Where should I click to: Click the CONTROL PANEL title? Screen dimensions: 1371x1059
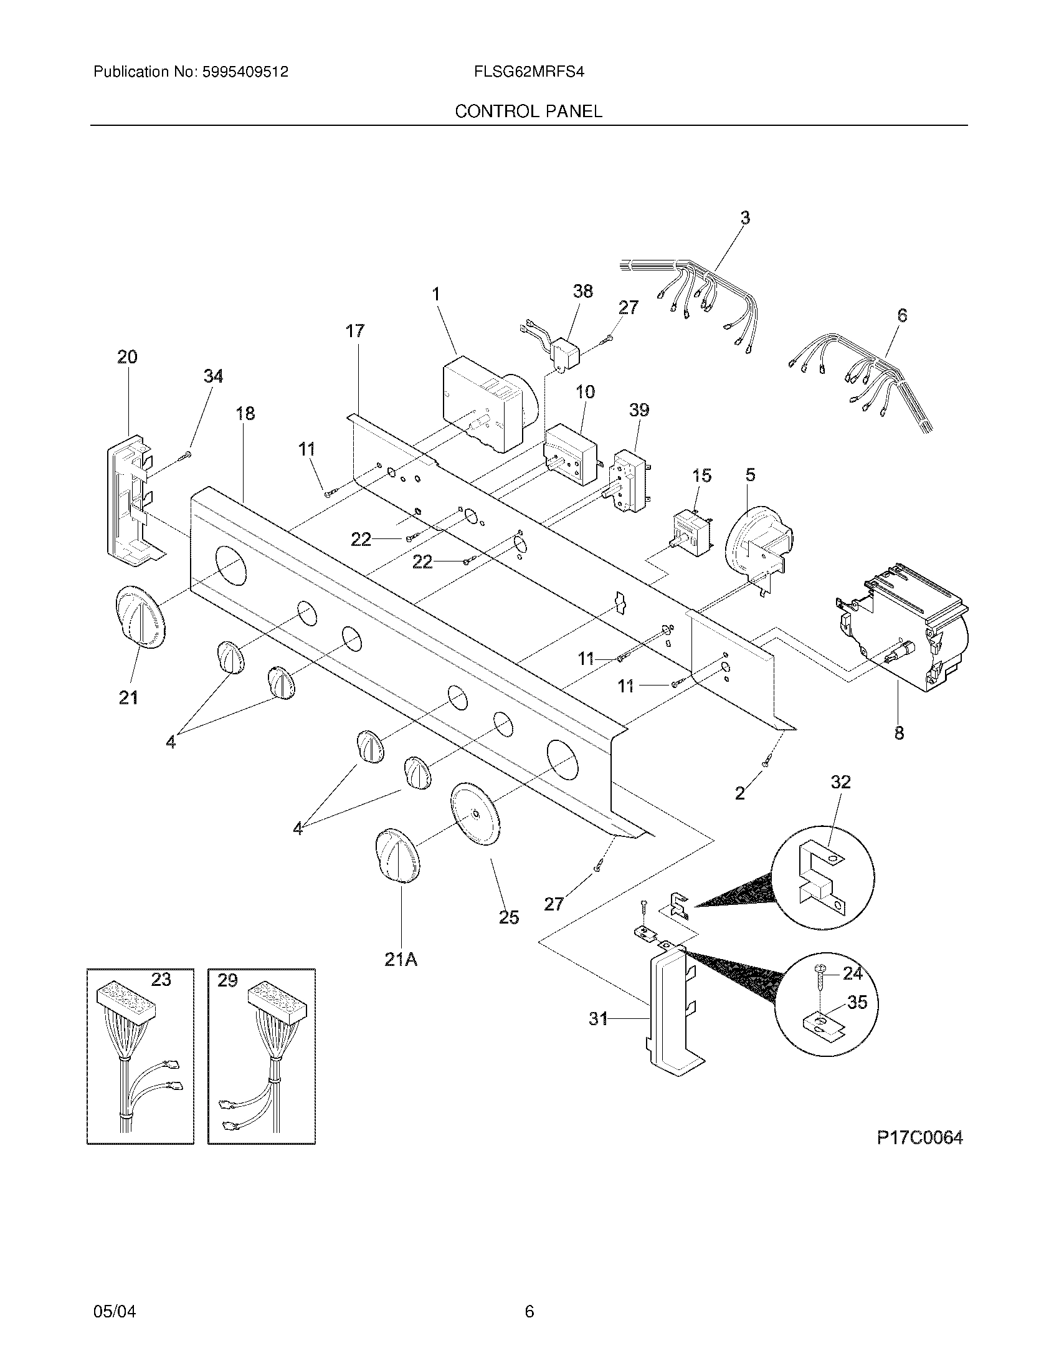(x=528, y=111)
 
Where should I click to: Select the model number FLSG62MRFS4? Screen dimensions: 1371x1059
(x=529, y=72)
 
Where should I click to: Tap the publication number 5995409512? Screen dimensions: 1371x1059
(x=245, y=72)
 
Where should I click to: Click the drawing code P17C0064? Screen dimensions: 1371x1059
(x=919, y=1137)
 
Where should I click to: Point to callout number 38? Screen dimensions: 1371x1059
(x=583, y=291)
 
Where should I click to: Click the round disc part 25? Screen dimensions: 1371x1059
(x=477, y=814)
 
